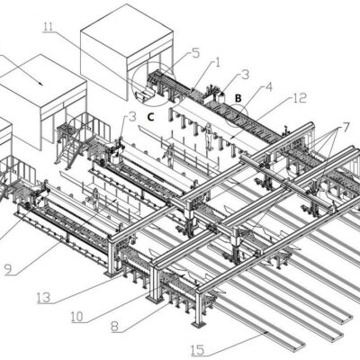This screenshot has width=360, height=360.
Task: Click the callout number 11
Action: coord(49,26)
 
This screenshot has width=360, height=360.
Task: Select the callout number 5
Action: coord(195,53)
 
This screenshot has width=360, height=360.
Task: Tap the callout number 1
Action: coord(218,63)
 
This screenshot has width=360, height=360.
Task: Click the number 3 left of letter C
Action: coord(133,117)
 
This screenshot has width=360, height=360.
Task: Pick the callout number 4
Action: coord(269,87)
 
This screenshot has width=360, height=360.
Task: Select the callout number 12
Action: coord(301,98)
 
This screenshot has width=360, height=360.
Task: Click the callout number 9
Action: coord(8,269)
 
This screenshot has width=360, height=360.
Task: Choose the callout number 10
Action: coord(77,317)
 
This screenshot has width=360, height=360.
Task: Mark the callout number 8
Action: coord(115,327)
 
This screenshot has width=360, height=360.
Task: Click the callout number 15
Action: coord(197,350)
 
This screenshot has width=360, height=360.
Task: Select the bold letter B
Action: coord(238,98)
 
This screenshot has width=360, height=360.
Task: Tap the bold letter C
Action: coord(150,117)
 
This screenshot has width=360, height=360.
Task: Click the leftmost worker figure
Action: coord(95,199)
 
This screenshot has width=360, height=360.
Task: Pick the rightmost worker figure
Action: coord(209,137)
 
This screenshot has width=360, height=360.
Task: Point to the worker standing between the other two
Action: coord(169,156)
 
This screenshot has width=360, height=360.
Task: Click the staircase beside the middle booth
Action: coord(68,153)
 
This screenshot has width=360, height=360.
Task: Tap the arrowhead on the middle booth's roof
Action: coord(40,83)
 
